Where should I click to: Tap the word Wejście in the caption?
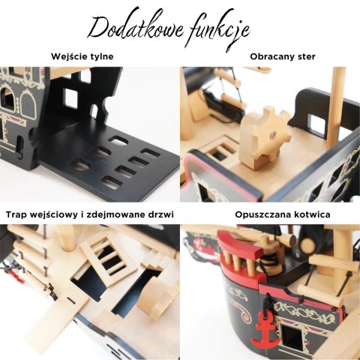pos(67,56)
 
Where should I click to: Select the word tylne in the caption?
pos(100,57)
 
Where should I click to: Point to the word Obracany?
pos(270,56)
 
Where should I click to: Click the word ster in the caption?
pos(304,57)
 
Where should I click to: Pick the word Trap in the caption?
pos(16,215)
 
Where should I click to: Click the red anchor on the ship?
pos(265,329)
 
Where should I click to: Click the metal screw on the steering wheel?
pos(274,134)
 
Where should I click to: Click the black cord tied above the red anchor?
pos(267,303)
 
